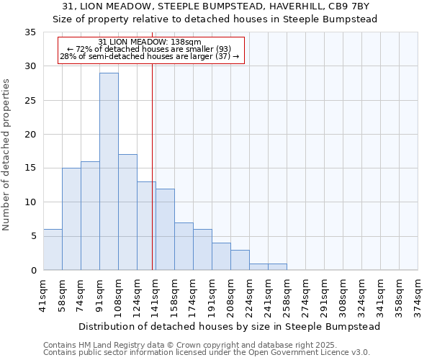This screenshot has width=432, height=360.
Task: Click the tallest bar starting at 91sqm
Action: pyautogui.click(x=109, y=171)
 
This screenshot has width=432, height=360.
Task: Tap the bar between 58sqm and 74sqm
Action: pyautogui.click(x=71, y=219)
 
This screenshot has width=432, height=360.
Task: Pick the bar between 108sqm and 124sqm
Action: pyautogui.click(x=127, y=212)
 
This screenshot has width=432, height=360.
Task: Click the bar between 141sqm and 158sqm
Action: pyautogui.click(x=165, y=229)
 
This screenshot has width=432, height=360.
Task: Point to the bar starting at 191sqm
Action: pyautogui.click(x=221, y=256)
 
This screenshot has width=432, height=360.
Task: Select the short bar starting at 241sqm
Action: pyautogui.click(x=277, y=266)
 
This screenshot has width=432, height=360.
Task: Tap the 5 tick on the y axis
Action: pyautogui.click(x=33, y=236)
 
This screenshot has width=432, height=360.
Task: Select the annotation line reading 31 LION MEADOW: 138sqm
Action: pyautogui.click(x=150, y=42)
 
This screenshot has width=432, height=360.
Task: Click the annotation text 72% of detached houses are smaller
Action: pyautogui.click(x=150, y=49)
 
